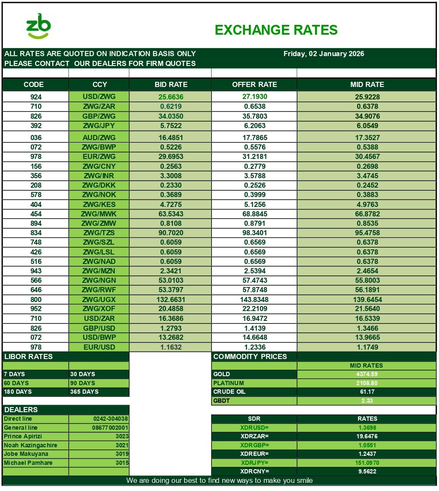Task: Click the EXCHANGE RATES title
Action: (x=276, y=30)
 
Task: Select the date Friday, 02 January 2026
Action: (x=323, y=54)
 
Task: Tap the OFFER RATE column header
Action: (x=254, y=84)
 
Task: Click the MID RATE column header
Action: (x=367, y=84)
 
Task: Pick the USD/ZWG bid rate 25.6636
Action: (x=170, y=97)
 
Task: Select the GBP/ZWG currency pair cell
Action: (x=99, y=116)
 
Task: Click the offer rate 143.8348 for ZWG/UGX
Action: (x=254, y=299)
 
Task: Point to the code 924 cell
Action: (x=36, y=97)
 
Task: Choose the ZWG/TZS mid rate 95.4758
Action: (x=367, y=233)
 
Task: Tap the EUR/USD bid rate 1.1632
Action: (x=170, y=347)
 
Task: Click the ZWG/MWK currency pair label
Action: (x=99, y=214)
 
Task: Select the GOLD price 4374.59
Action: (x=367, y=374)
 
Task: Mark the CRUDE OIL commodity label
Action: (x=230, y=392)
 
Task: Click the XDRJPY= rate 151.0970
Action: (x=367, y=463)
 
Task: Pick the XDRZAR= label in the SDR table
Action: (x=254, y=436)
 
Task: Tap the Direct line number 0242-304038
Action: (x=110, y=419)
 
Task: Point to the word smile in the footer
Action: (x=303, y=480)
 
